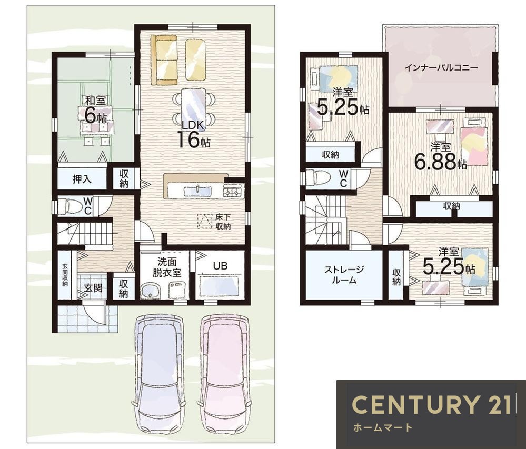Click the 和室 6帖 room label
(96, 109)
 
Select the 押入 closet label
(82, 179)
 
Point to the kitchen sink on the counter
(197, 191)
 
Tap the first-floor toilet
(71, 206)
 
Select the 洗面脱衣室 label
(167, 267)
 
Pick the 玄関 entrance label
(93, 288)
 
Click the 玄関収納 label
(65, 275)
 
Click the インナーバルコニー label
(441, 68)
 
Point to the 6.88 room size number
(435, 162)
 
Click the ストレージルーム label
(344, 275)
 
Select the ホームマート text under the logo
(382, 427)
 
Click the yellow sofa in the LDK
(164, 61)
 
